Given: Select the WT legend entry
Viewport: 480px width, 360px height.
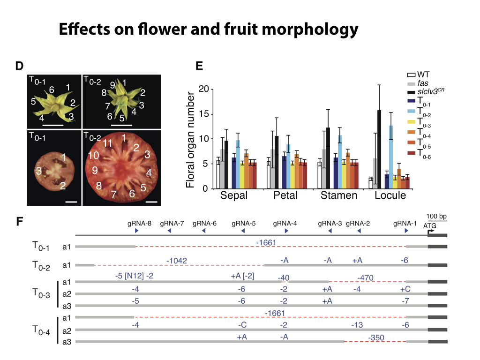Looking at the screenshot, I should [x=418, y=75].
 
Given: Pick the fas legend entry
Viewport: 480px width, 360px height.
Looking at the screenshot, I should [x=418, y=83].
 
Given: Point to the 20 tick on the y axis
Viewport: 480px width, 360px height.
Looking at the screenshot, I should [x=203, y=89].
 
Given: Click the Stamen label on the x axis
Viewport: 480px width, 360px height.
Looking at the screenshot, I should [x=339, y=195].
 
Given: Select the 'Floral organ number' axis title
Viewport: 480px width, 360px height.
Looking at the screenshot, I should [x=190, y=140].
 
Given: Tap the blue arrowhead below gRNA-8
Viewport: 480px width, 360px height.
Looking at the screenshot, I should [x=136, y=231].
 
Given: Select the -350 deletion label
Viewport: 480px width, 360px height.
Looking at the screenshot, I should [x=376, y=337].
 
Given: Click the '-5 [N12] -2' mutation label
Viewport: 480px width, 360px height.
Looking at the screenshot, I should [x=134, y=276].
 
